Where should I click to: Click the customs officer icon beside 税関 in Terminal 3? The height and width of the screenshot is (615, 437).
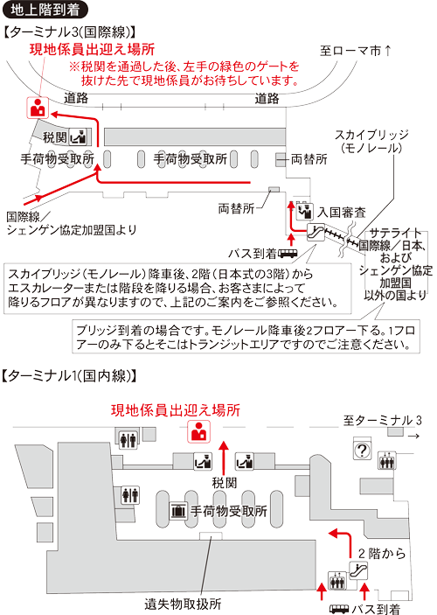[x=80, y=137]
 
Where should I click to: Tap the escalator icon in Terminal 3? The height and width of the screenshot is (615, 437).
[x=316, y=233]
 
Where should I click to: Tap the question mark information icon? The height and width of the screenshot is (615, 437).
[x=360, y=451]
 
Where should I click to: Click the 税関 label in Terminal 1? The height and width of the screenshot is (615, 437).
[x=225, y=482]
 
